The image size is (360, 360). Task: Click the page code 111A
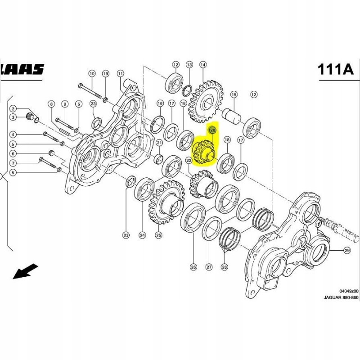pos(335,69)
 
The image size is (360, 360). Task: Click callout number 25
pos(158,234)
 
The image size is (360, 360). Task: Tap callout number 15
pos(234,94)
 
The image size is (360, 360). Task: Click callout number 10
pos(92,73)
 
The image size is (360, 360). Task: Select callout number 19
pos(106,73)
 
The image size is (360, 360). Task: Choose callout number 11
pos(120,73)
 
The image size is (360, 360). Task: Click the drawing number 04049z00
pos(349,291)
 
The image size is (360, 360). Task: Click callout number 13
pos(189,64)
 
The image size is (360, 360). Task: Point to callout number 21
pos(159,143)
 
